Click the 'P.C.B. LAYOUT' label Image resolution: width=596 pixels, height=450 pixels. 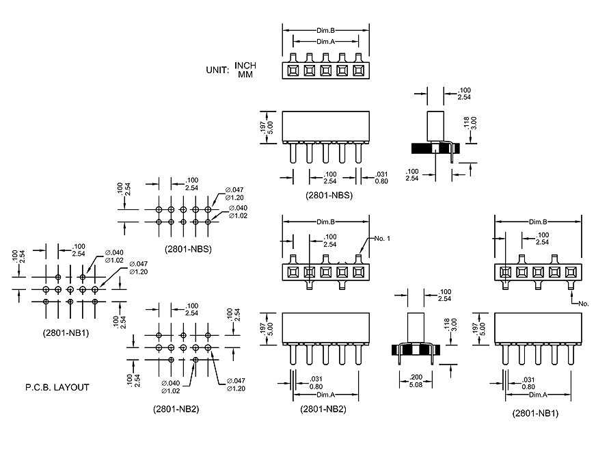pos(57,387)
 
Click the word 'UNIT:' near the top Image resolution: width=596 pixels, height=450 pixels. pos(218,70)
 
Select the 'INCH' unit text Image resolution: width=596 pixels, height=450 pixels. pos(245,66)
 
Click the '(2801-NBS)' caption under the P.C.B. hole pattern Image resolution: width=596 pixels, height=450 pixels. pos(188,249)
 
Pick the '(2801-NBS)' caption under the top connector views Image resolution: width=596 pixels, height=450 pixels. pos(329,195)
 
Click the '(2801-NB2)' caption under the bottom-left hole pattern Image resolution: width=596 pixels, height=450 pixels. pos(176,409)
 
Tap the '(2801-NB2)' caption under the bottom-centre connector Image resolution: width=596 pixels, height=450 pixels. pos(323,409)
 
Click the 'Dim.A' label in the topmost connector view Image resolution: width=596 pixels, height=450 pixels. pos(325,42)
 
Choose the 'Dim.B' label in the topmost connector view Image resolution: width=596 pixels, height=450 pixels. pos(325,31)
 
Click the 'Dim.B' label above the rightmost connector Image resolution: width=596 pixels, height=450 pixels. pos(538,222)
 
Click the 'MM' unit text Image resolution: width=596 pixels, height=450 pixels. pos(245,74)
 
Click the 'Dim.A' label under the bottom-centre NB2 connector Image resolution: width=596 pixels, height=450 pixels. pos(325,395)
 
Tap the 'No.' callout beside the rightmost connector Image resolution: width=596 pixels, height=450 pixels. pos(583,302)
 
